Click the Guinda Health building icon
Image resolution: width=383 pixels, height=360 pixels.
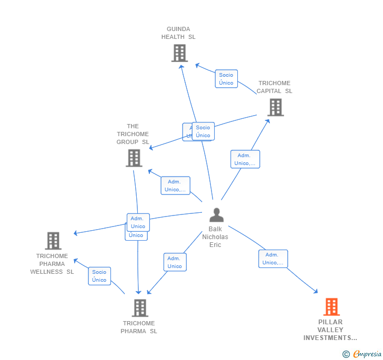point(179,53)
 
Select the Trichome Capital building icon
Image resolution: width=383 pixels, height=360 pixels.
point(275,107)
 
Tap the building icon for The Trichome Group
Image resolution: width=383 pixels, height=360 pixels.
point(134,158)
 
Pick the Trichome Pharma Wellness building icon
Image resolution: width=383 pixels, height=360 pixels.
point(53,241)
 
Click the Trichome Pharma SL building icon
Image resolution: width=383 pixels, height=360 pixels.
point(139,308)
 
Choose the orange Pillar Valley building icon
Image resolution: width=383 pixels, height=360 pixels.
point(331,306)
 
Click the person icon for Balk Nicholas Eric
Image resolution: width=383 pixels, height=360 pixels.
point(216,215)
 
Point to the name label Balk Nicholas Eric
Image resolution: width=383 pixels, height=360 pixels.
point(215,237)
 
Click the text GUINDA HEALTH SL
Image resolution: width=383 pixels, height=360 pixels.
point(178,33)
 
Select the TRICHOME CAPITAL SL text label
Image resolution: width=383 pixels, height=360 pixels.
point(275,87)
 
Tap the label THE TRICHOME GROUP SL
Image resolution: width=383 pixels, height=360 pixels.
point(133,134)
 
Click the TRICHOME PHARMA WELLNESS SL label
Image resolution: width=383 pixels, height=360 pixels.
point(52,264)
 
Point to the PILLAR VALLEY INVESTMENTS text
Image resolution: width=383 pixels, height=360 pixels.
point(330,330)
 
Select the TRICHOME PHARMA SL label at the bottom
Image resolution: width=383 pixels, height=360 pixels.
point(139,327)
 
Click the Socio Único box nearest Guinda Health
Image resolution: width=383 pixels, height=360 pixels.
point(226,79)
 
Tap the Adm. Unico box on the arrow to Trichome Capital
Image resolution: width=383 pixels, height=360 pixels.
point(245,159)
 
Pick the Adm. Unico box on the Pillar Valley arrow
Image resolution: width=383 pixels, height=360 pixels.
point(273,259)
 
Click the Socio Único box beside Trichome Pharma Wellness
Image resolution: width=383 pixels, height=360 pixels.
point(99,276)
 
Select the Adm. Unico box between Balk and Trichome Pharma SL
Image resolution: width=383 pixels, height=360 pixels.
point(175,262)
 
